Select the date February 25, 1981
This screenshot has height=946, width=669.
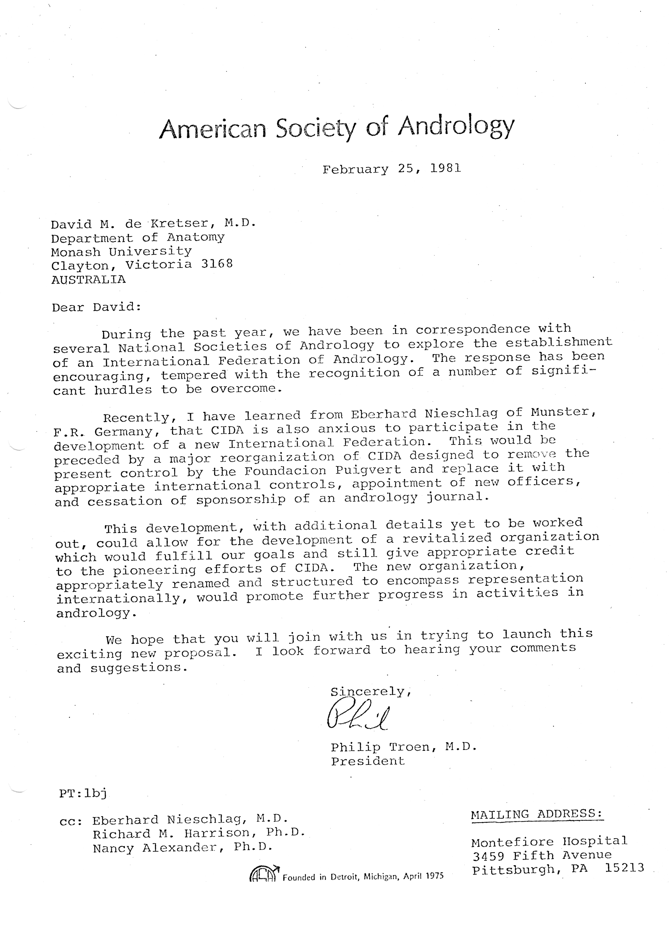392,169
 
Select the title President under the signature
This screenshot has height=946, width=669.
368,761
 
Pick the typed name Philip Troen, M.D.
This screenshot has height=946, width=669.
403,747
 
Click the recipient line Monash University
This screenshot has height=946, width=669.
121,251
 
